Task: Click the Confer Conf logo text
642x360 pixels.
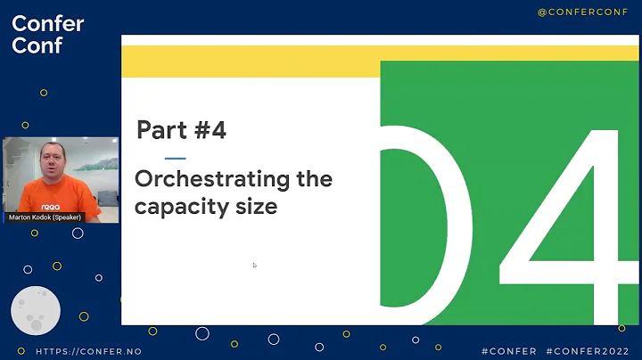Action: coord(47,34)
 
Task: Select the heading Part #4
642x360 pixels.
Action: coord(181,130)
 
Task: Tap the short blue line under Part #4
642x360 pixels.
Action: coord(175,158)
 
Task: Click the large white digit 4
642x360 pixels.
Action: coord(562,223)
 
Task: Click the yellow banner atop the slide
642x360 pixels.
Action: coord(250,62)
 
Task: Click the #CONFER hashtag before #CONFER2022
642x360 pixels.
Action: coord(509,352)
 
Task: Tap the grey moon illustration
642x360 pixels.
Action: coord(35,310)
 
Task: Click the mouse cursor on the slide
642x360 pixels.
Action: coord(254,265)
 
